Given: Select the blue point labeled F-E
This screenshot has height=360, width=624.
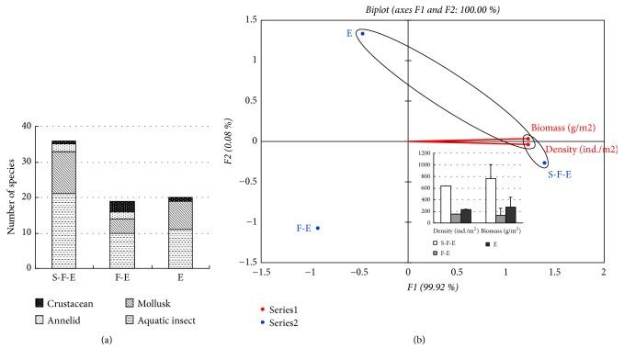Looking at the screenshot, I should (x=319, y=228).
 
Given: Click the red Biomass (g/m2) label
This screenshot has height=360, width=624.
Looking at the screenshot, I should (x=566, y=128).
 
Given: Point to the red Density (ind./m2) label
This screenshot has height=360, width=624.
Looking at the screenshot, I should (x=581, y=150).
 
